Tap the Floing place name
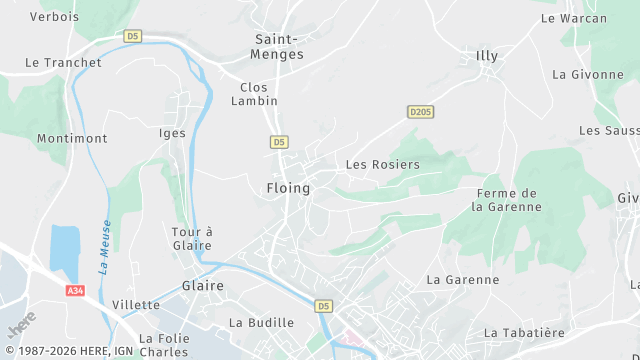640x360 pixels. [288, 188]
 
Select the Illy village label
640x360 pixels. [487, 56]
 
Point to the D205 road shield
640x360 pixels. [420, 111]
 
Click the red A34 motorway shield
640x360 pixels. [75, 290]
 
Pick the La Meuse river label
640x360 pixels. [105, 247]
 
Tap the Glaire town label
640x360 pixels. [203, 286]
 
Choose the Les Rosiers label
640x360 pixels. [382, 164]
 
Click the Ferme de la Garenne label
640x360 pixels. [507, 200]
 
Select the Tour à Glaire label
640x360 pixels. [192, 238]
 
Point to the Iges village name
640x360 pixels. [173, 133]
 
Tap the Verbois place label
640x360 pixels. [54, 17]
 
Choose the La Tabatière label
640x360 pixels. [524, 332]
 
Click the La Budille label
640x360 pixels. [261, 323]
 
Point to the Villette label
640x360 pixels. [136, 305]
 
